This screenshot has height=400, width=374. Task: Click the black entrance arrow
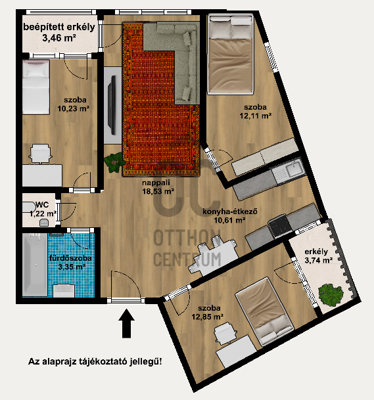click(x=126, y=323)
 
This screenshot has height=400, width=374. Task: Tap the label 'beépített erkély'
click(x=59, y=28)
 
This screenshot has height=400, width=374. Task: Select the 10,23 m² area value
click(x=73, y=108)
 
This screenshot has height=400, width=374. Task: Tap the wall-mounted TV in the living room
click(x=112, y=105)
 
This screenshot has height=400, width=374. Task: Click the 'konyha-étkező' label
click(x=230, y=211)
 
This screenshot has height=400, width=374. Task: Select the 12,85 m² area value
click(x=208, y=317)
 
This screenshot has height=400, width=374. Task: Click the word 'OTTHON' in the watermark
click(x=187, y=238)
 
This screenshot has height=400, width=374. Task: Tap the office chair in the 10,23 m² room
click(x=41, y=154)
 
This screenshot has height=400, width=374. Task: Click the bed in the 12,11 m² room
click(x=231, y=54)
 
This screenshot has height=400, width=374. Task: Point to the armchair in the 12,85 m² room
click(x=225, y=333)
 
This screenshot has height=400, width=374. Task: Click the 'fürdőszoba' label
click(x=70, y=258)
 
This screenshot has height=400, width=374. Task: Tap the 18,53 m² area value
click(x=158, y=191)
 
